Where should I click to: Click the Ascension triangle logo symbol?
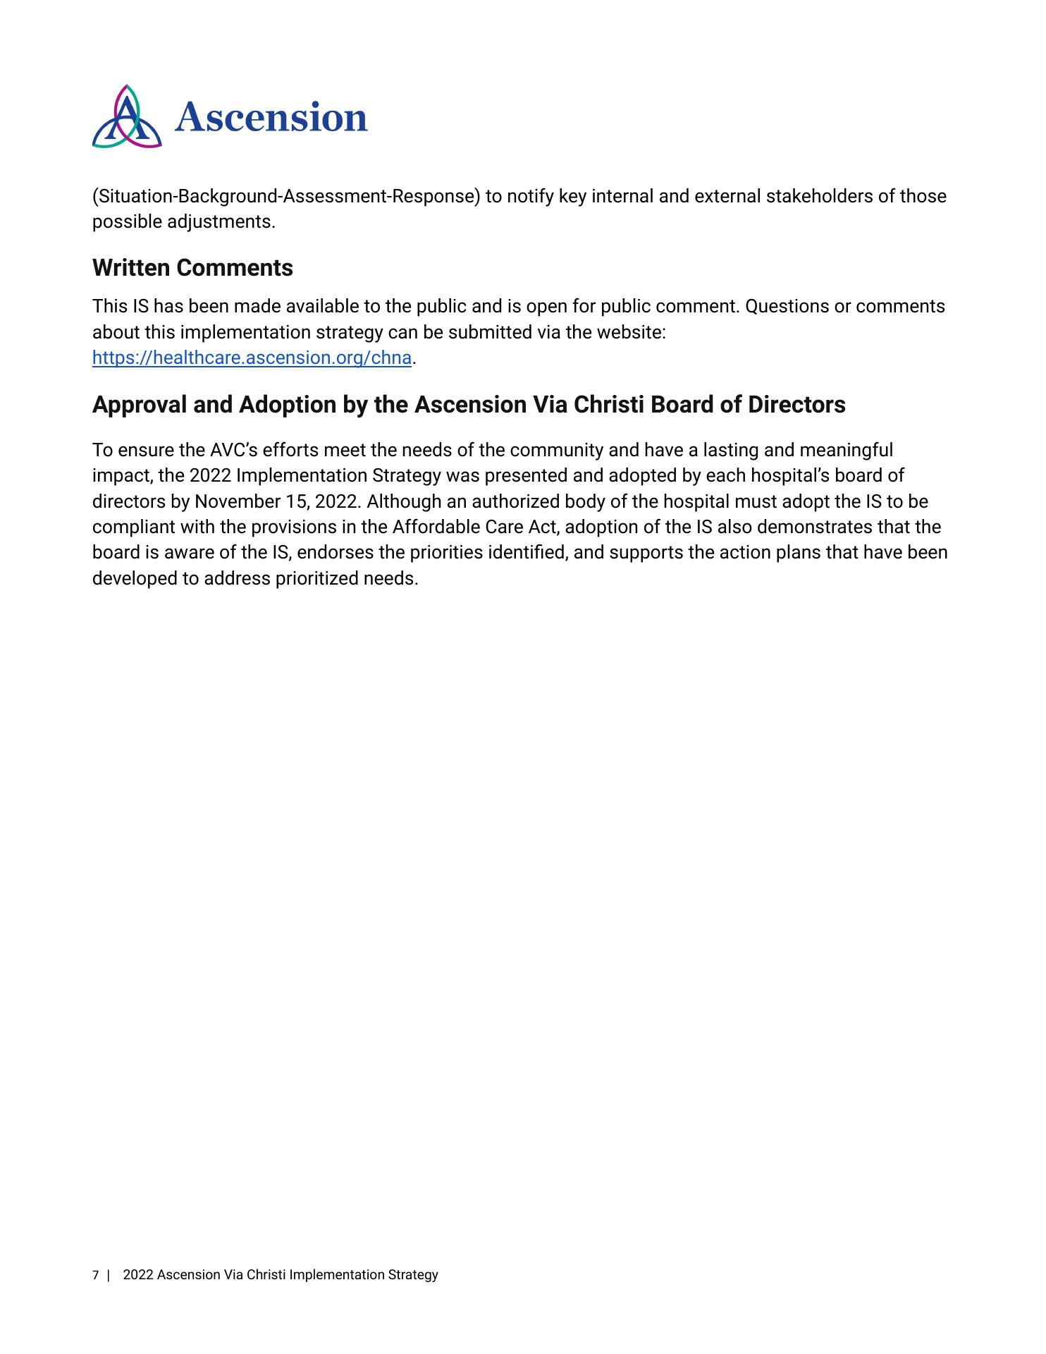coord(127,118)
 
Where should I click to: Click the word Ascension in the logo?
coord(271,117)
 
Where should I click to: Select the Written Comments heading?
coord(192,268)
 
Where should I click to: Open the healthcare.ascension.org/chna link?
coord(252,358)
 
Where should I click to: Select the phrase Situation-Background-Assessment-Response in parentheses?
coord(286,196)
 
